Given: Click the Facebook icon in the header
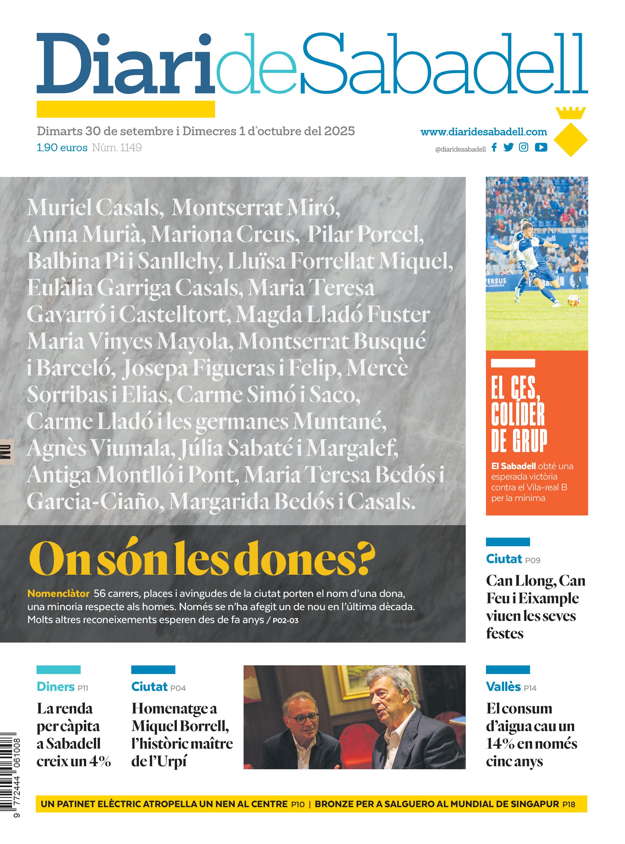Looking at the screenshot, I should point(494,147).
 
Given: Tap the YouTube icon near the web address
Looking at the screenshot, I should point(541,147).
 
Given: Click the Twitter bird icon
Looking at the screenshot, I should point(509,147).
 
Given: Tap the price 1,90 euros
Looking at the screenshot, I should point(62,148).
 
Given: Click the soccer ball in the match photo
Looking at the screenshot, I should point(572,301).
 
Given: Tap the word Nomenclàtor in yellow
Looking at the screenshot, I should point(58,593).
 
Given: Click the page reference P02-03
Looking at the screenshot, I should point(285,620).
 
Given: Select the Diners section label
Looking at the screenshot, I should point(56,687).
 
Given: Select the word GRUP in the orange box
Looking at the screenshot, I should point(520,441).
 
